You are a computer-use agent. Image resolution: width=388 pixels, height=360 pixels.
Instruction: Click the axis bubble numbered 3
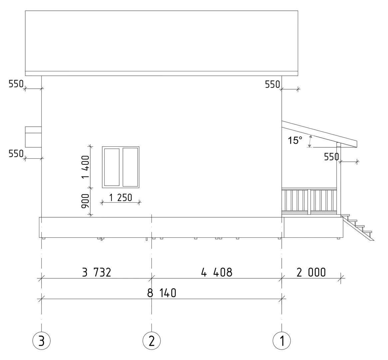click(41, 341)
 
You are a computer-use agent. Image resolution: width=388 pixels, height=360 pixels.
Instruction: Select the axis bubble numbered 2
click(152, 341)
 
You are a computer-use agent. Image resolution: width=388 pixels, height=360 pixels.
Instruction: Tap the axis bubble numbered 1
click(282, 341)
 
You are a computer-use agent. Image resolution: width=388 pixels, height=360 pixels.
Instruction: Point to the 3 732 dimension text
click(97, 272)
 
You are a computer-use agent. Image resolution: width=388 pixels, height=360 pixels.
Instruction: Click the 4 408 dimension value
click(217, 272)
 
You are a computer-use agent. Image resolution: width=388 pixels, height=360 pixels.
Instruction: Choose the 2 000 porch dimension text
click(311, 272)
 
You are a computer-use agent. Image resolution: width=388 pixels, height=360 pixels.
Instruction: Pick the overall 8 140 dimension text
click(162, 293)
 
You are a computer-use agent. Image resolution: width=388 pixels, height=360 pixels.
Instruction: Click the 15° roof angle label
click(295, 140)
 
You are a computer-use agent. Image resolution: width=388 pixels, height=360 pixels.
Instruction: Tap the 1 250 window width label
click(121, 198)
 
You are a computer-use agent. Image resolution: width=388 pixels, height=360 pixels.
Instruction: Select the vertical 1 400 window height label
click(86, 167)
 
